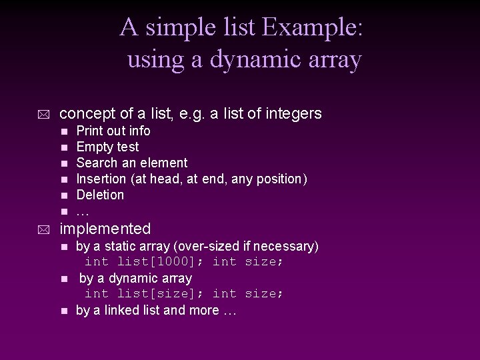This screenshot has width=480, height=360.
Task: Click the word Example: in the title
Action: click(313, 28)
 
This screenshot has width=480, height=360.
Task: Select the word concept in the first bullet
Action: click(87, 114)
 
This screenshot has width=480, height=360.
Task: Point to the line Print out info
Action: click(113, 131)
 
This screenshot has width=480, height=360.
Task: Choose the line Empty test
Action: click(107, 147)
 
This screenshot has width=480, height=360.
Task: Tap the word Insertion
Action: click(102, 179)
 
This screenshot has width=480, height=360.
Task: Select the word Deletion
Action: click(100, 195)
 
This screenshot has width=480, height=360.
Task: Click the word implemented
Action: click(105, 229)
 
